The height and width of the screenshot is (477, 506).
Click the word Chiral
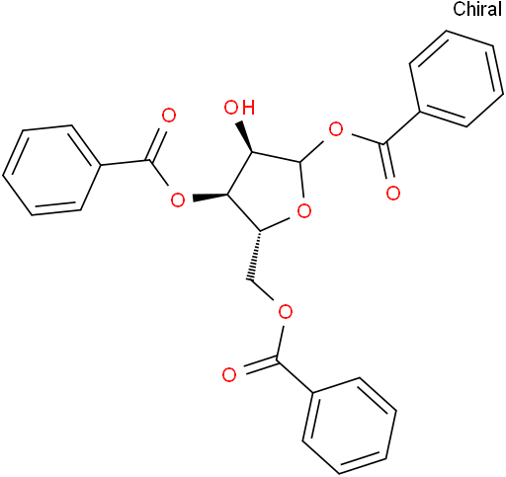click(477, 9)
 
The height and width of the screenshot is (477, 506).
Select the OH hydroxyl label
click(239, 108)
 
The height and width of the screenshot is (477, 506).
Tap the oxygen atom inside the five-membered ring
click(303, 211)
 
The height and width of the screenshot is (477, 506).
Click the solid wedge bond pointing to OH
click(245, 136)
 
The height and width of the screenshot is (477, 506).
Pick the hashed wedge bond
click(256, 256)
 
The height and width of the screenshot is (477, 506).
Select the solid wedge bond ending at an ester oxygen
click(211, 197)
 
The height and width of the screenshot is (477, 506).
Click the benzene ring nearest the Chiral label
click(457, 78)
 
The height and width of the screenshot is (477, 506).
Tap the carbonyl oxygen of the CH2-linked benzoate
click(229, 375)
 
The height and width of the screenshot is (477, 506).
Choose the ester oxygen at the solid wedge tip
click(178, 199)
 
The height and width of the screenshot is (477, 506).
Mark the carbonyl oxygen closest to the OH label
click(169, 116)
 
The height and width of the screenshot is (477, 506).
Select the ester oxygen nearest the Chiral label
click(336, 130)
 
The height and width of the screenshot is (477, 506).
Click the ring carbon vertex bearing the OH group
click(253, 153)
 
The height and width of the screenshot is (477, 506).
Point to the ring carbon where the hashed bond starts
click(260, 231)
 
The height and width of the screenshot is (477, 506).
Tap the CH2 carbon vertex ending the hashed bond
click(251, 281)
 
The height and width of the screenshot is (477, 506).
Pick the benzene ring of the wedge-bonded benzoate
click(51, 170)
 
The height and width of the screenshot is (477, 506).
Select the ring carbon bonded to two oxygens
click(300, 162)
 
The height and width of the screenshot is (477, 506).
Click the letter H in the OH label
click(248, 108)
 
